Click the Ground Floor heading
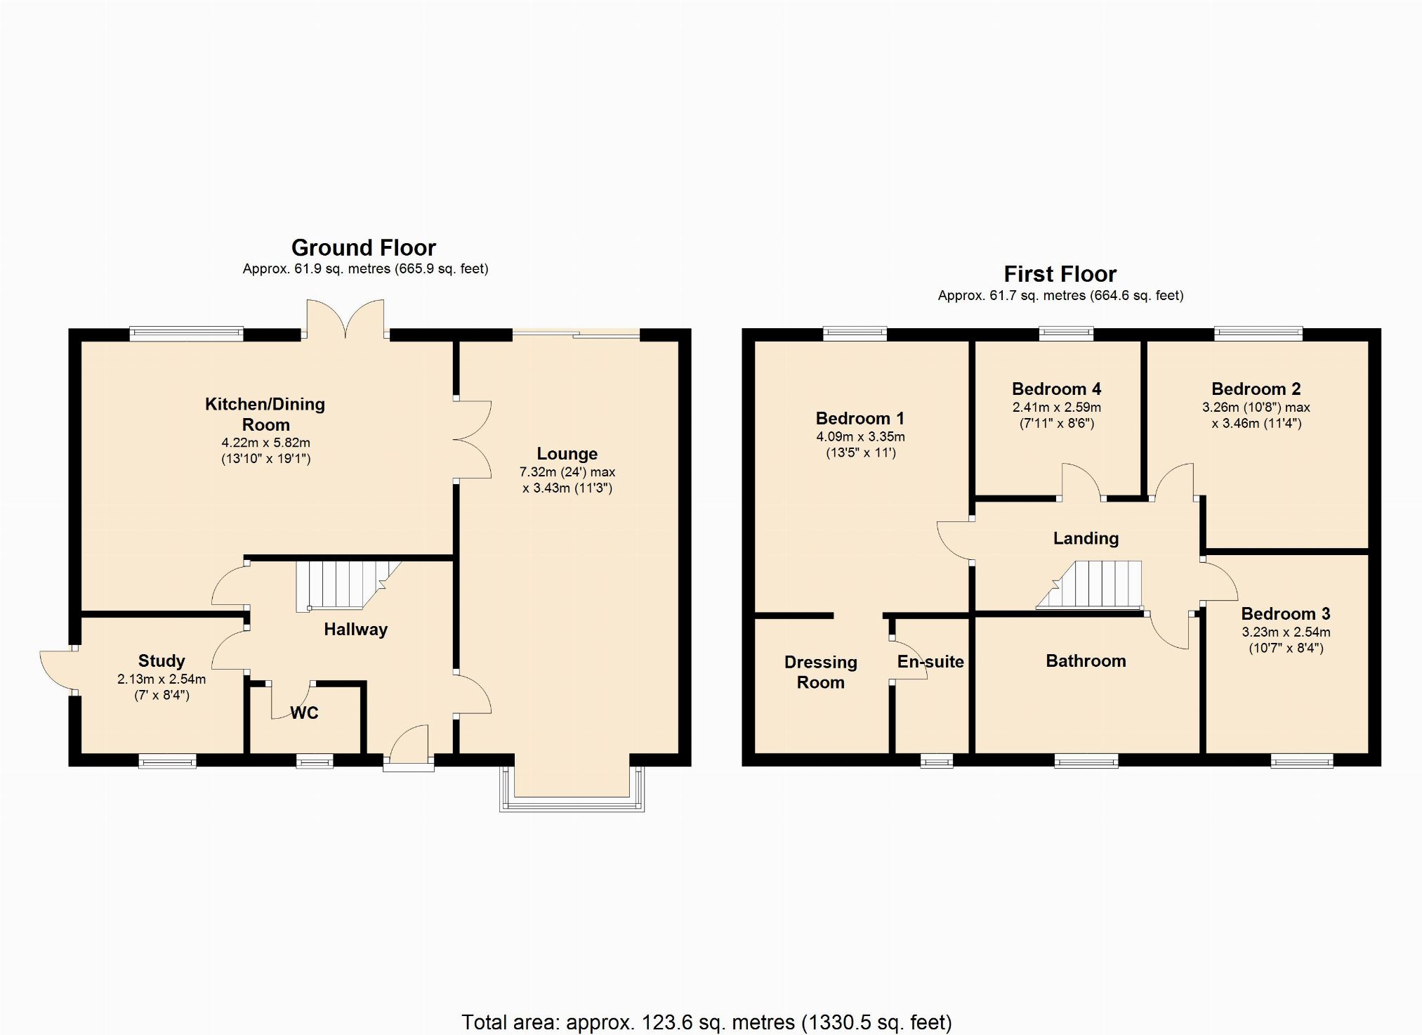pos(364,247)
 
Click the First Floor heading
pos(1060,274)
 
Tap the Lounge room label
pos(567,454)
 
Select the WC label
pos(305,713)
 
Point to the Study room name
pos(162,661)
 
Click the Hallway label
pos(355,630)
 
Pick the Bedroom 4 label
pos(1056,389)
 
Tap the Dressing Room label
pos(820,672)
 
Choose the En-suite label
pos(930,662)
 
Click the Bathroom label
pos(1086,661)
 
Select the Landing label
pos(1086,539)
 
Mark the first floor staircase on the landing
pos(1090,585)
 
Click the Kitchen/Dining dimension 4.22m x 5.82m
pos(265,443)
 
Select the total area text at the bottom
pos(706,1022)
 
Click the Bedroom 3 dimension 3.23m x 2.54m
pos(1286,632)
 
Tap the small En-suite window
pos(937,760)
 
